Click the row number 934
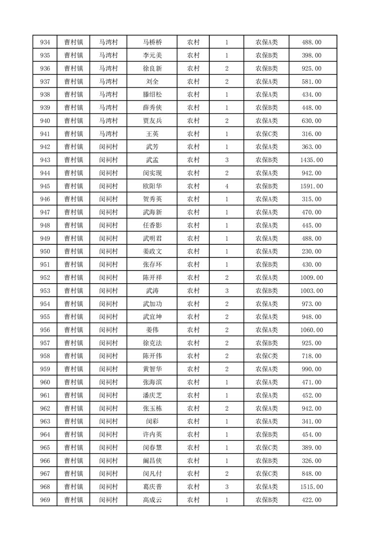click(44, 42)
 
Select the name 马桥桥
click(152, 42)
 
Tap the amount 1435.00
click(312, 160)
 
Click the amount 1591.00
click(312, 186)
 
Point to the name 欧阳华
click(152, 186)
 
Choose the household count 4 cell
click(227, 186)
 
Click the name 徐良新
click(152, 69)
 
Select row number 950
click(44, 251)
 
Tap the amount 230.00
click(312, 251)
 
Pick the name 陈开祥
click(152, 277)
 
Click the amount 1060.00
click(312, 329)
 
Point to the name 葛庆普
click(152, 486)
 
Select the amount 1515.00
click(312, 486)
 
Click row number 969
click(44, 499)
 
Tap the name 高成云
click(152, 499)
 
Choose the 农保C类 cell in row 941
click(267, 134)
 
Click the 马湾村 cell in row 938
click(109, 94)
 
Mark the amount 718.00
click(312, 356)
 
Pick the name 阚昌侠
click(152, 460)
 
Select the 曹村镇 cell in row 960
click(74, 382)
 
